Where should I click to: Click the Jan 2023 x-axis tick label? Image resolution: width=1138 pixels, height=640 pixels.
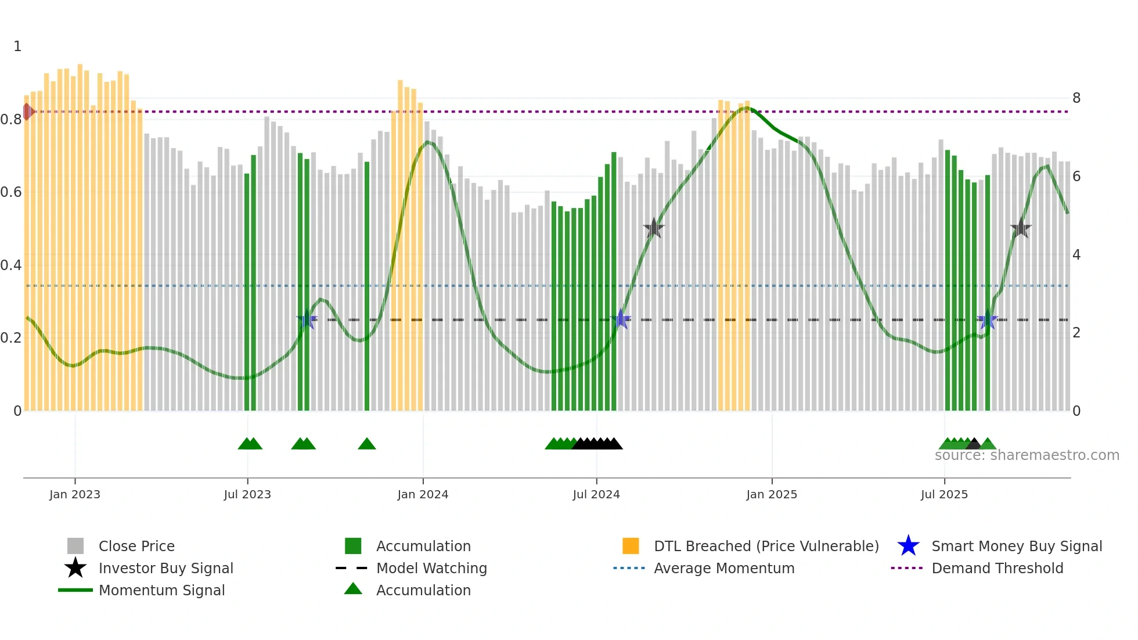point(75,494)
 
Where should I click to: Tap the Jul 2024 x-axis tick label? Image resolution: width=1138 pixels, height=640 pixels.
point(596,494)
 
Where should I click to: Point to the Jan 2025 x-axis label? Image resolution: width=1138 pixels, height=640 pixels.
point(772,494)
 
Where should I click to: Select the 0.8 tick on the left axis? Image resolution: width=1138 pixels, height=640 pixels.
point(11,120)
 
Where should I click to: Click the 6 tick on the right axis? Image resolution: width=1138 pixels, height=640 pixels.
point(1076,177)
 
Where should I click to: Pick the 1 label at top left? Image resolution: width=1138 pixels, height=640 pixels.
point(17,46)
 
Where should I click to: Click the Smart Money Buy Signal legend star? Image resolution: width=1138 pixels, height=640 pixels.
point(908,546)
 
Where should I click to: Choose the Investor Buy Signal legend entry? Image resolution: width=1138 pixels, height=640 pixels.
point(165,568)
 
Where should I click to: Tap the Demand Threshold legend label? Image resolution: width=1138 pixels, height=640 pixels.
point(997,568)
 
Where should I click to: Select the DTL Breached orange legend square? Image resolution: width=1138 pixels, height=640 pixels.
point(631,546)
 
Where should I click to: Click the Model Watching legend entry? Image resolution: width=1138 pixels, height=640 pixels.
point(431,568)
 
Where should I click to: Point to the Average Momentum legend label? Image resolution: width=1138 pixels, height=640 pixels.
point(724,568)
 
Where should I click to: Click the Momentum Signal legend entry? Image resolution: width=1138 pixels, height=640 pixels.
point(161,590)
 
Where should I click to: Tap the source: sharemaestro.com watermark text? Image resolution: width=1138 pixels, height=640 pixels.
point(1027,455)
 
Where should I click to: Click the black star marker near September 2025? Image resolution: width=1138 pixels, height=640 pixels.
point(1021,228)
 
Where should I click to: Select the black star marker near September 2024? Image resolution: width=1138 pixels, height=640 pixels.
point(654,228)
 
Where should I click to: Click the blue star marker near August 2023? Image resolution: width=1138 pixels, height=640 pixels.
point(307,319)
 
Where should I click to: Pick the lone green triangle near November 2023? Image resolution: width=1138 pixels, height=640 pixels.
point(367,444)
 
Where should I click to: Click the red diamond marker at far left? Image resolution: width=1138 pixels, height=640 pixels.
point(28,112)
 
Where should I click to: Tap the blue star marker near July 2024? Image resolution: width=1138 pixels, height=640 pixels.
point(621,319)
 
